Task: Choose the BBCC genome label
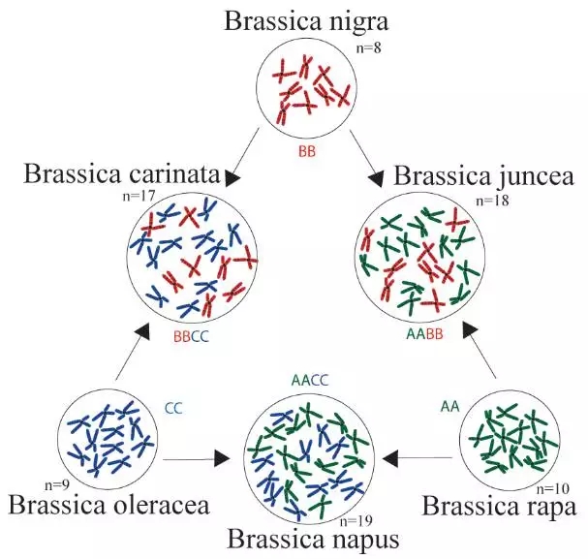pos(191,336)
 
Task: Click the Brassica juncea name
pos(484,177)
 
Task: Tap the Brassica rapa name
pos(500,506)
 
